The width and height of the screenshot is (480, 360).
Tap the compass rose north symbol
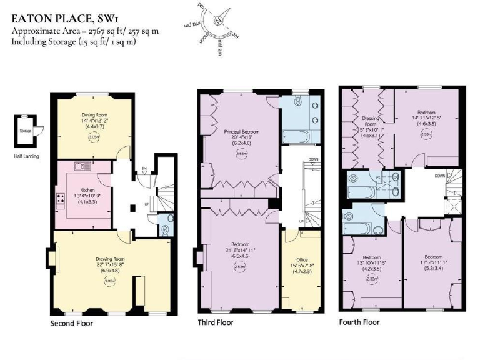click(x=218, y=21)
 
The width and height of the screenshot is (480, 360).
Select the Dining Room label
click(x=94, y=114)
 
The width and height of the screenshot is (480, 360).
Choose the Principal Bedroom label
click(x=241, y=132)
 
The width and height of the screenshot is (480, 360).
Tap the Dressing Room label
click(x=371, y=121)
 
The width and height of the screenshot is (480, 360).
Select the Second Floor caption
click(x=72, y=324)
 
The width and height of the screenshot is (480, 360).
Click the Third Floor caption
click(x=216, y=322)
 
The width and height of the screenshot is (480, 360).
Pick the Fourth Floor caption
click(x=359, y=322)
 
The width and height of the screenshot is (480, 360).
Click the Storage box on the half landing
click(x=26, y=131)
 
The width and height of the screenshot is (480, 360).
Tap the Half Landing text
click(x=26, y=156)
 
